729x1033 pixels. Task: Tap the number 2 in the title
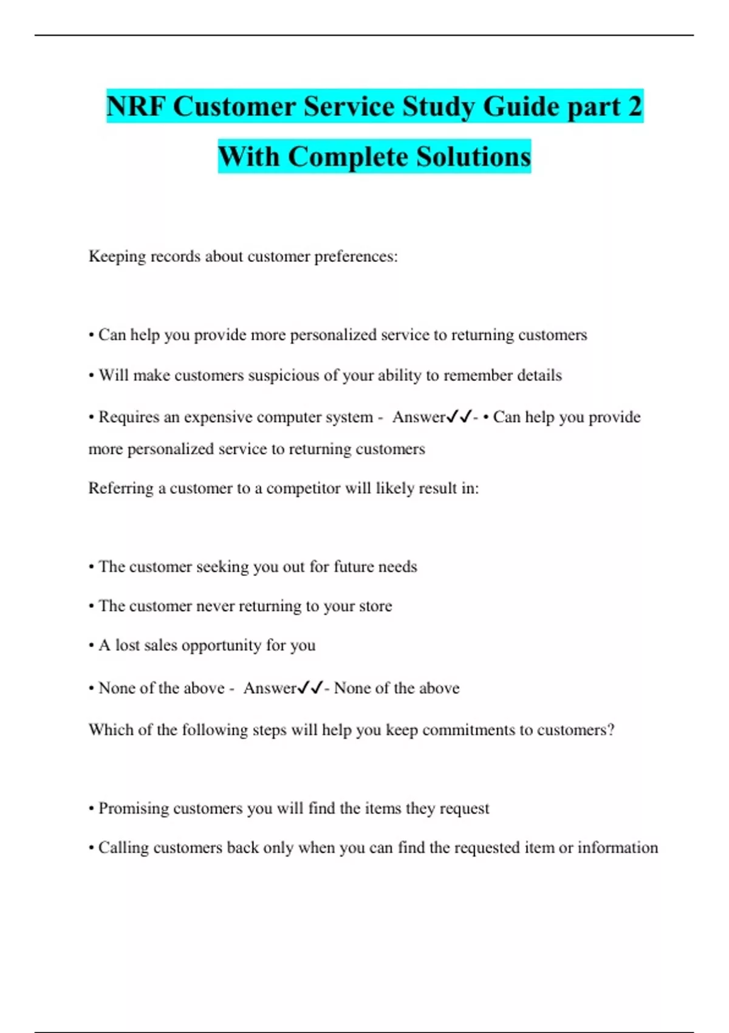(634, 107)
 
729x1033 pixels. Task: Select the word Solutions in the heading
(474, 157)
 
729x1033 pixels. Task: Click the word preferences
(355, 256)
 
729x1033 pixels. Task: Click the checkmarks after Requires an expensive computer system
(459, 417)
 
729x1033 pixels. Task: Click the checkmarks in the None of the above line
(310, 688)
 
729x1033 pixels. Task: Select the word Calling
(123, 848)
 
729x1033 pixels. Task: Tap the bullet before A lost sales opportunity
(91, 645)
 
